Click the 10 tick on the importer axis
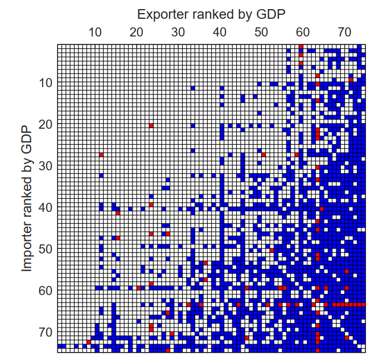point(47,83)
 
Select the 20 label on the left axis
point(47,124)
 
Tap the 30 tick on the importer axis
point(47,166)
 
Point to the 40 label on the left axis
point(47,207)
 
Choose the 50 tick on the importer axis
point(47,249)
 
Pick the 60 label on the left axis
point(47,291)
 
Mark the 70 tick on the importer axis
point(47,332)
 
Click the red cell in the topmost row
point(301,46)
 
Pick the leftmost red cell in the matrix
point(89,341)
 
